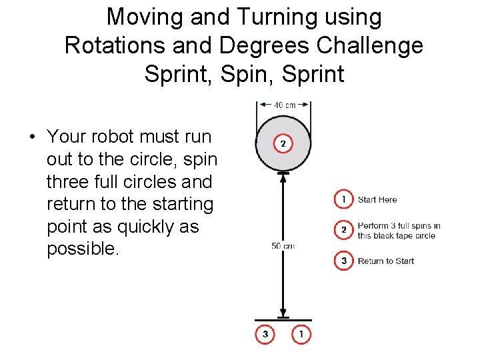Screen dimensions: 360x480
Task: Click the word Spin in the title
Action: tap(229, 73)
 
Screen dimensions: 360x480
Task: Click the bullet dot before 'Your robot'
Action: tap(31, 137)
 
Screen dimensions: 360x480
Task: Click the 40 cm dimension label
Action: tap(285, 105)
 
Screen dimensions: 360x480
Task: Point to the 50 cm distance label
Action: tap(282, 246)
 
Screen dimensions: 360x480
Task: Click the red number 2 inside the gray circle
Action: tap(283, 143)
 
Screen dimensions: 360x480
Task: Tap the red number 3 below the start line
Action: tap(265, 334)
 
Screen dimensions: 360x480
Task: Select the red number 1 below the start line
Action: tap(301, 334)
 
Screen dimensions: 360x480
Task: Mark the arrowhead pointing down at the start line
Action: tap(283, 311)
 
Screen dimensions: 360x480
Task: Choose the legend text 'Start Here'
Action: tap(377, 199)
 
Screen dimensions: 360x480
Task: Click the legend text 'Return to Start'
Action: tap(386, 261)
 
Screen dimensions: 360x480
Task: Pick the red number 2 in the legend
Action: tap(343, 230)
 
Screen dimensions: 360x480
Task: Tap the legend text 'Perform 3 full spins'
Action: tap(399, 226)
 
